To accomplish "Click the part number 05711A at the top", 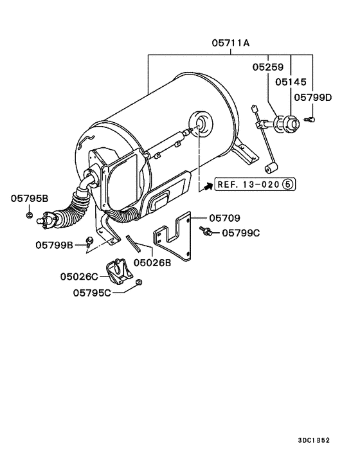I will (x=231, y=44).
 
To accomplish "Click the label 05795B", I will (x=29, y=199).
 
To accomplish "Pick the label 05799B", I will (x=55, y=244).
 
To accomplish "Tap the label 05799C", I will (x=240, y=233).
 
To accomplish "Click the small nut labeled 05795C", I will (x=139, y=283).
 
